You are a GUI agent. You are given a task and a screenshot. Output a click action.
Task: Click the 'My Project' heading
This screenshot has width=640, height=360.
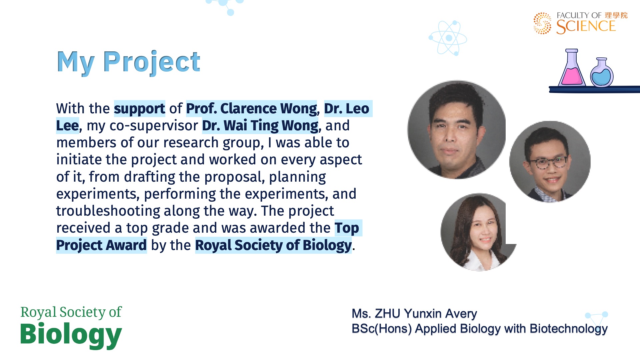point(128,62)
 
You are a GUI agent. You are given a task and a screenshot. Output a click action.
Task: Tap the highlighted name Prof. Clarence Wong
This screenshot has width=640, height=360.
point(252,109)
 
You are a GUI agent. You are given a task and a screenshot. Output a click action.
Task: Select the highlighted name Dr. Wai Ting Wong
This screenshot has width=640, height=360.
point(260,126)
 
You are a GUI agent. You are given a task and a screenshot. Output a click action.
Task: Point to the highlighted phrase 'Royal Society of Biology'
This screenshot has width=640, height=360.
point(273,245)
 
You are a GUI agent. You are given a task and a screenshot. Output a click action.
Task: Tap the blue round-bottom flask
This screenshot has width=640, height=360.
point(602,72)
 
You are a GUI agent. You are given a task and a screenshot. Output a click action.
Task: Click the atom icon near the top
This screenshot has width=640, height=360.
point(448,38)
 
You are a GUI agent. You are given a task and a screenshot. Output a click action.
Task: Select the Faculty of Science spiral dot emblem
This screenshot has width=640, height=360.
point(542,23)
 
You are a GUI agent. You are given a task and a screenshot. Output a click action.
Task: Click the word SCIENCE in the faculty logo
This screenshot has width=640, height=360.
point(586,27)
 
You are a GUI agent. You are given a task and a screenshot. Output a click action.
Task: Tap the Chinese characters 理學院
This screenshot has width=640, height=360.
point(616,15)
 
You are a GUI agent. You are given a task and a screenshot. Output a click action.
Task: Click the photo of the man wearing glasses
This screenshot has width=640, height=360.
point(550,162)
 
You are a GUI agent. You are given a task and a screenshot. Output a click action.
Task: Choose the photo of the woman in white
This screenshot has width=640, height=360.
point(479,232)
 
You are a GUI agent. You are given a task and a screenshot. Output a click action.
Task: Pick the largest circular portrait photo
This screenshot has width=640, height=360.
point(457,130)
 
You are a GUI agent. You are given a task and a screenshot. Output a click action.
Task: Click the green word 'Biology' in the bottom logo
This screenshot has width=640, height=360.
point(71,335)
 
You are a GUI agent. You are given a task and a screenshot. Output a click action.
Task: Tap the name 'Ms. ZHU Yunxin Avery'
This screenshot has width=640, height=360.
point(414,314)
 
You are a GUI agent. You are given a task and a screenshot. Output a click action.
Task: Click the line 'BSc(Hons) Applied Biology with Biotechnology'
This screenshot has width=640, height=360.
point(480,329)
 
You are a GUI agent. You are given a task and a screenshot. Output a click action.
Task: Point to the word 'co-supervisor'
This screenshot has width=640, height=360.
point(154,126)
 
